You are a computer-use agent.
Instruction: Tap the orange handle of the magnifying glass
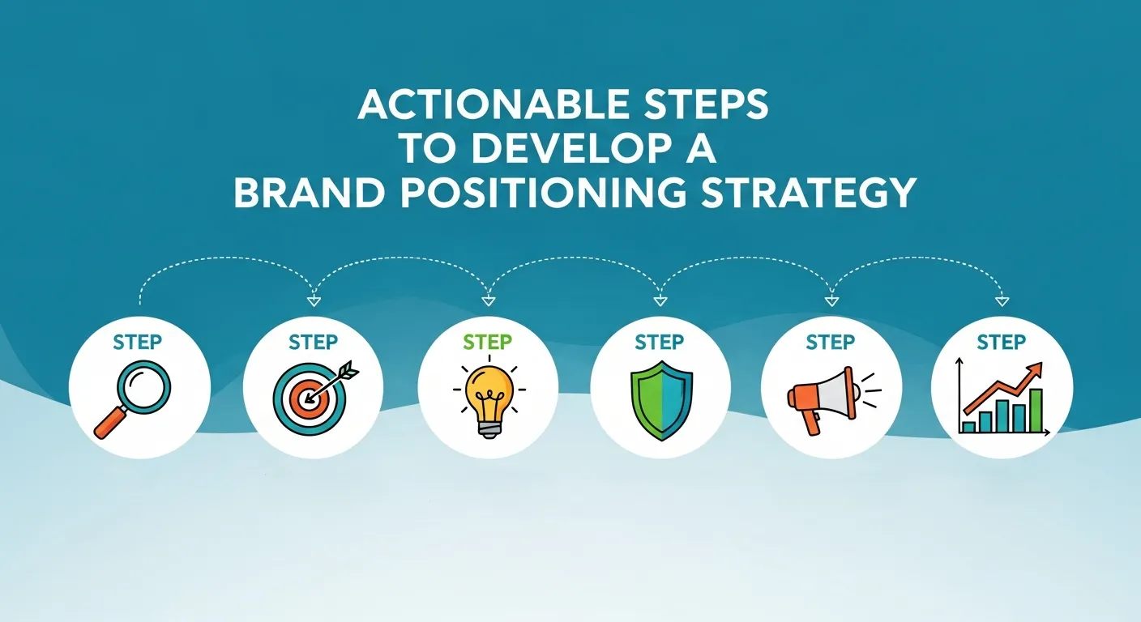coord(109,424)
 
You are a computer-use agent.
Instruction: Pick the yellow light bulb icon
coord(489,398)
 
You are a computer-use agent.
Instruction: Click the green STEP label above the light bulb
coord(487,343)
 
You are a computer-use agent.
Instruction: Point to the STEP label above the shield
coord(659,343)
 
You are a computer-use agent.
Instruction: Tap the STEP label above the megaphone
coord(830,343)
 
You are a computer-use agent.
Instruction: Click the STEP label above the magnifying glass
coord(139,342)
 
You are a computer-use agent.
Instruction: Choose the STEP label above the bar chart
coord(1002,343)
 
